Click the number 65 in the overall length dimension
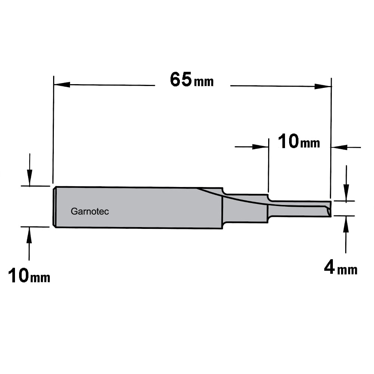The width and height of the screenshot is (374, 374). point(181,79)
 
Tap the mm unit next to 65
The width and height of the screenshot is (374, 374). point(204,82)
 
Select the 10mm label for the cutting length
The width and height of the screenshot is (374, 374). point(298,141)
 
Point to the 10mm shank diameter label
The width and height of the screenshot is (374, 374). point(29,275)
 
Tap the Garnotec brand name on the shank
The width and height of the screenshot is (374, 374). point(90,211)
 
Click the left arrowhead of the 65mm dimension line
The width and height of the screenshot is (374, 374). point(62,85)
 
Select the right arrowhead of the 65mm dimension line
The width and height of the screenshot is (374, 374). point(323,86)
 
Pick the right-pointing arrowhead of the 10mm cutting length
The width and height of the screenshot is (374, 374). point(260,147)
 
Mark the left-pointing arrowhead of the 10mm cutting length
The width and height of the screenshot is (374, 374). point(339,147)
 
